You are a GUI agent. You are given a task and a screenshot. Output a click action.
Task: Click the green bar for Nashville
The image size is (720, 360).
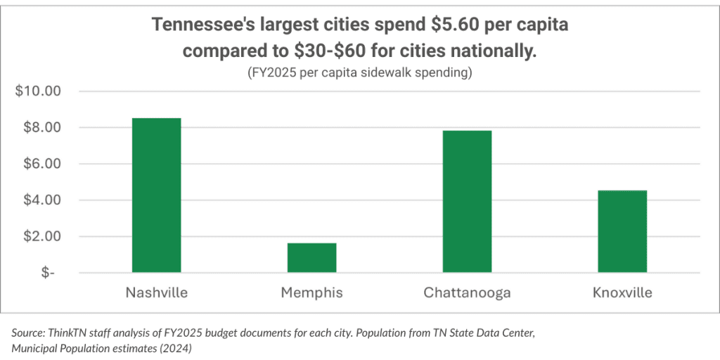tap(156, 195)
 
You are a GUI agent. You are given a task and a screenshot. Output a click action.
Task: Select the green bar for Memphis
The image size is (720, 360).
tap(311, 257)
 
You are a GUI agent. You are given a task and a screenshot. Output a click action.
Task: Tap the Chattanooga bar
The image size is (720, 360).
tap(467, 201)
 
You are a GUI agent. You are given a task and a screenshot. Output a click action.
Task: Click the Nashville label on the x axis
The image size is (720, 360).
tap(156, 292)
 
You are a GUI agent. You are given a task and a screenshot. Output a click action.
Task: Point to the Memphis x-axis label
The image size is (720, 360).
tap(311, 292)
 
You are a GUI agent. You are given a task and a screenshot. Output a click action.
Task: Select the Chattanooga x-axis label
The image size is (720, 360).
tap(467, 292)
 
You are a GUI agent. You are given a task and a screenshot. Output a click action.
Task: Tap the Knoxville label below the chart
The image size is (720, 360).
tap(622, 292)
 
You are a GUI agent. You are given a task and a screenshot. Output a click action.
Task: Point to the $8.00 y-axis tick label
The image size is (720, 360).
tap(41, 128)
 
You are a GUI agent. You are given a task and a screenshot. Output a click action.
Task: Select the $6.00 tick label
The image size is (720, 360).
tap(41, 164)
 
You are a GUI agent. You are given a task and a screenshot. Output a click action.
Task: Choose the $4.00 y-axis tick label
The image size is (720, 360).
tap(41, 200)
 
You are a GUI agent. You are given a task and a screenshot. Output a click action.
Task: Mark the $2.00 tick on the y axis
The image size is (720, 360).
tap(41, 237)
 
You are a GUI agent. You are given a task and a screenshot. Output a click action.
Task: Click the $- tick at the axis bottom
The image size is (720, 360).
tap(47, 273)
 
